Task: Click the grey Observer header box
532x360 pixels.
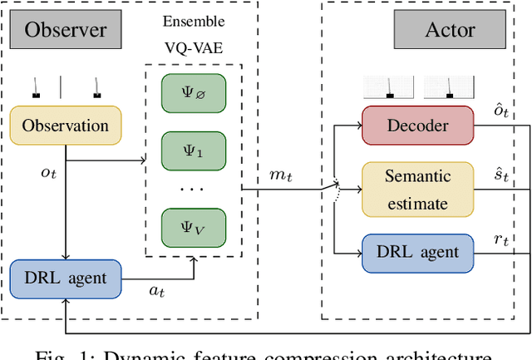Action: click(x=66, y=31)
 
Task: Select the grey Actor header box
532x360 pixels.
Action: click(x=451, y=31)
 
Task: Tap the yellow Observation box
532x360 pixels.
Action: click(x=66, y=126)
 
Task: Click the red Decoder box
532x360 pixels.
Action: click(x=417, y=126)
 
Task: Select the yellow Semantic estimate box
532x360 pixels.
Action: click(x=417, y=190)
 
